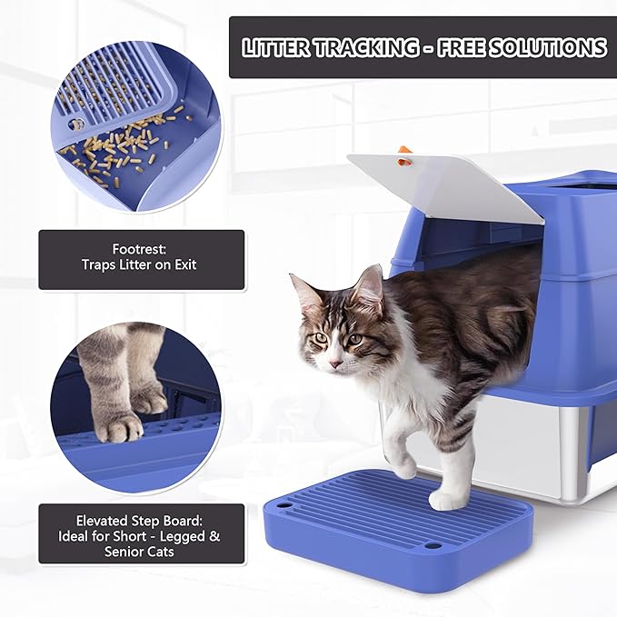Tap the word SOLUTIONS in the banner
point(549,47)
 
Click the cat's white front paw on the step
point(447,500)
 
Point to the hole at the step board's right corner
point(433,546)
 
